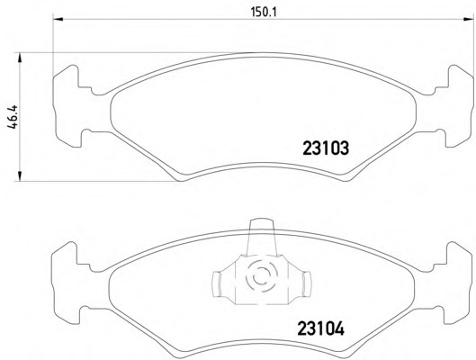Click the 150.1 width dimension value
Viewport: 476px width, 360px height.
pyautogui.click(x=260, y=13)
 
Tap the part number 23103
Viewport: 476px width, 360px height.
pyautogui.click(x=326, y=148)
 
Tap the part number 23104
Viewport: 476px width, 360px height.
pyautogui.click(x=321, y=328)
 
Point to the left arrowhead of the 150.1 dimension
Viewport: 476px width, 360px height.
pyautogui.click(x=58, y=20)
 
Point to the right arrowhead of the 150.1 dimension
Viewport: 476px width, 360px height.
pyautogui.click(x=469, y=20)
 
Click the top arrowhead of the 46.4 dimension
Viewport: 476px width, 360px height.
pyautogui.click(x=20, y=58)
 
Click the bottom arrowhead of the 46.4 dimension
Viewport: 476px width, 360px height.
pyautogui.click(x=20, y=176)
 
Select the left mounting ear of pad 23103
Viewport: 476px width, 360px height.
pyautogui.click(x=68, y=106)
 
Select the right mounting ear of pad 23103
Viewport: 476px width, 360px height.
pyautogui.click(x=458, y=106)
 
